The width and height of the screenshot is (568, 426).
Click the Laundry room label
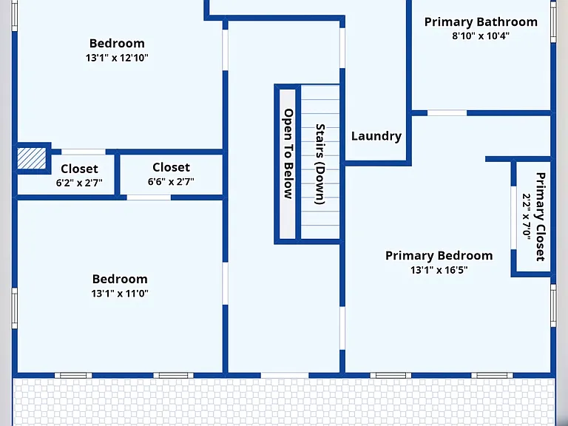(376, 136)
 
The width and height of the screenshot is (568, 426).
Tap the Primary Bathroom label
(481, 22)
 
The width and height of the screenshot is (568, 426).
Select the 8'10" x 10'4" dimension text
(480, 35)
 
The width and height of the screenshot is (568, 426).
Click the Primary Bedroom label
(439, 256)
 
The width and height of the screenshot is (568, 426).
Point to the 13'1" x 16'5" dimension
(439, 270)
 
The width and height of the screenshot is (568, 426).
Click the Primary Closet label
(540, 217)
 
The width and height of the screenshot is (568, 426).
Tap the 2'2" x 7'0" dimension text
(526, 217)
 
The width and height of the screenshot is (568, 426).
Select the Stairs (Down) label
(319, 164)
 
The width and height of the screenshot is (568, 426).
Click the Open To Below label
(288, 154)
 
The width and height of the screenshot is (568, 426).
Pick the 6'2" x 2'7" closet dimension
(79, 183)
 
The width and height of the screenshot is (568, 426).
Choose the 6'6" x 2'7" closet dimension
(171, 181)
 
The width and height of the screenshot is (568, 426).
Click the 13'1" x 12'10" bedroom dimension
(117, 58)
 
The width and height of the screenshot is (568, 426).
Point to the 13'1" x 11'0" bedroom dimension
(120, 293)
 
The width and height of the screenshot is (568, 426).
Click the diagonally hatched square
(32, 158)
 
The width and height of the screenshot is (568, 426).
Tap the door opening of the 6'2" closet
(84, 152)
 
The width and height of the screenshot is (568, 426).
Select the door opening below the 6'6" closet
(149, 197)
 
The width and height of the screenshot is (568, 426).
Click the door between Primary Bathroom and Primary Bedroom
(447, 113)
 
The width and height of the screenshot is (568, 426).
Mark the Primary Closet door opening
(513, 217)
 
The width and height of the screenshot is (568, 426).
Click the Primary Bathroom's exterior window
(553, 21)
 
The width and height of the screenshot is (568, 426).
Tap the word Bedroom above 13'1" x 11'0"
(120, 280)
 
